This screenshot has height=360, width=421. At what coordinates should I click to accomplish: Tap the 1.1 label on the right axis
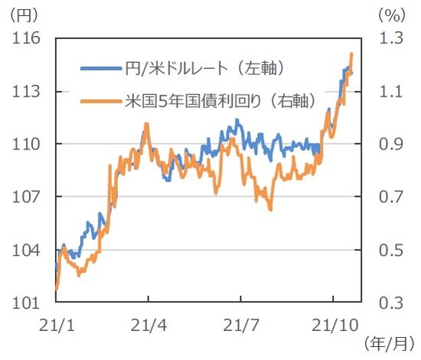click(x=389, y=91)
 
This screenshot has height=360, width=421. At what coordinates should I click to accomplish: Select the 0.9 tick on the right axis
click(x=389, y=144)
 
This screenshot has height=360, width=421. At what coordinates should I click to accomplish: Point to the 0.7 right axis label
click(x=389, y=197)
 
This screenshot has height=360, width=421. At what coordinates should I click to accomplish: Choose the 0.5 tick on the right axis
click(x=389, y=250)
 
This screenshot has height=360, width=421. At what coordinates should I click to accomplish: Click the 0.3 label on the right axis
click(x=389, y=303)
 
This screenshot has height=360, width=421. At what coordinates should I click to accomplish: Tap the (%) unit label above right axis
click(x=390, y=13)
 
